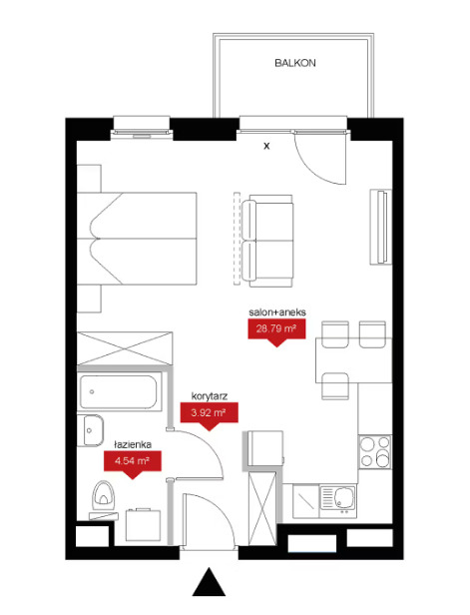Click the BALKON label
[294, 63]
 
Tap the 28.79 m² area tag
[276, 329]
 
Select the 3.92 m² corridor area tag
[209, 413]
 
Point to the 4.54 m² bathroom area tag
[132, 461]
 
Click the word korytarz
[210, 396]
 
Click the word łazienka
[133, 444]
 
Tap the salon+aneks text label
[277, 312]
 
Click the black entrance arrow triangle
[209, 582]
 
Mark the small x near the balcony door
[266, 146]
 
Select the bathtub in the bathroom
[118, 392]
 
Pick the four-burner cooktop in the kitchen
[375, 452]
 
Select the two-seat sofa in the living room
[267, 241]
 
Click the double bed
[137, 239]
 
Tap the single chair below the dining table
[335, 386]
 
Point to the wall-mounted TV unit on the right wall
[380, 227]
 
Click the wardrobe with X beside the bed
[125, 348]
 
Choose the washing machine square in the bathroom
[143, 525]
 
